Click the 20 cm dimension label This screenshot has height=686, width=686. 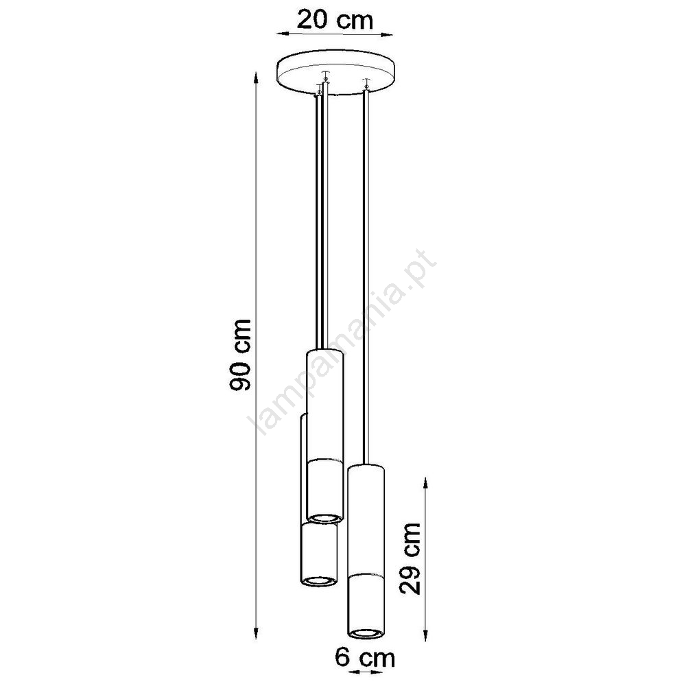(335, 20)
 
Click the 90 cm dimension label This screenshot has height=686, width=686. (240, 355)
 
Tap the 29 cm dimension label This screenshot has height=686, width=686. (410, 558)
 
